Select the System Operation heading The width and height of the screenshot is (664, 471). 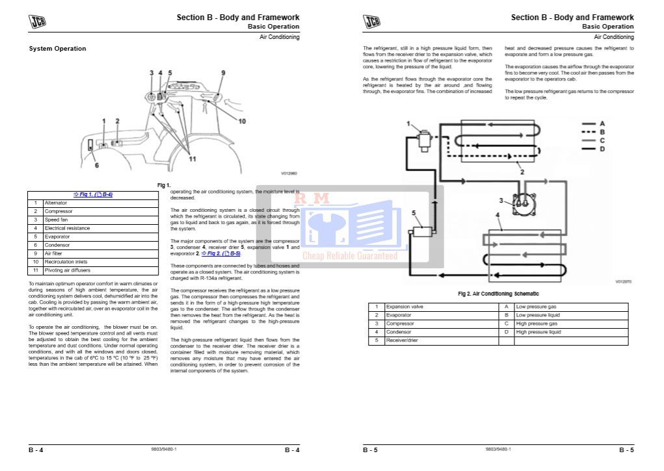pos(57,49)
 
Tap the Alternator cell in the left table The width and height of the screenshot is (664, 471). pos(56,203)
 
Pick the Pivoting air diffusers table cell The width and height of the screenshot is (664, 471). pos(68,270)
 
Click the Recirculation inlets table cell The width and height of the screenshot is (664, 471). pos(65,262)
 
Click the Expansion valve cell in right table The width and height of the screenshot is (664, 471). pos(405,307)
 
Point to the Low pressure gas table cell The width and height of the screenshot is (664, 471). pos(536,307)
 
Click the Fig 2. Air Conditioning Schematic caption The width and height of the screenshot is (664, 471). pos(498,294)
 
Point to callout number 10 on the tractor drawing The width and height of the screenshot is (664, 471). pos(241,121)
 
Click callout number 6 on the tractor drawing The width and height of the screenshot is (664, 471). pos(97,165)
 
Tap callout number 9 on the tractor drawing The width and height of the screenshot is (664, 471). pos(222,72)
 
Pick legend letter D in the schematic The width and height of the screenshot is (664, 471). pos(602,149)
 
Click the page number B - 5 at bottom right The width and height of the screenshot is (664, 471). pos(626,450)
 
